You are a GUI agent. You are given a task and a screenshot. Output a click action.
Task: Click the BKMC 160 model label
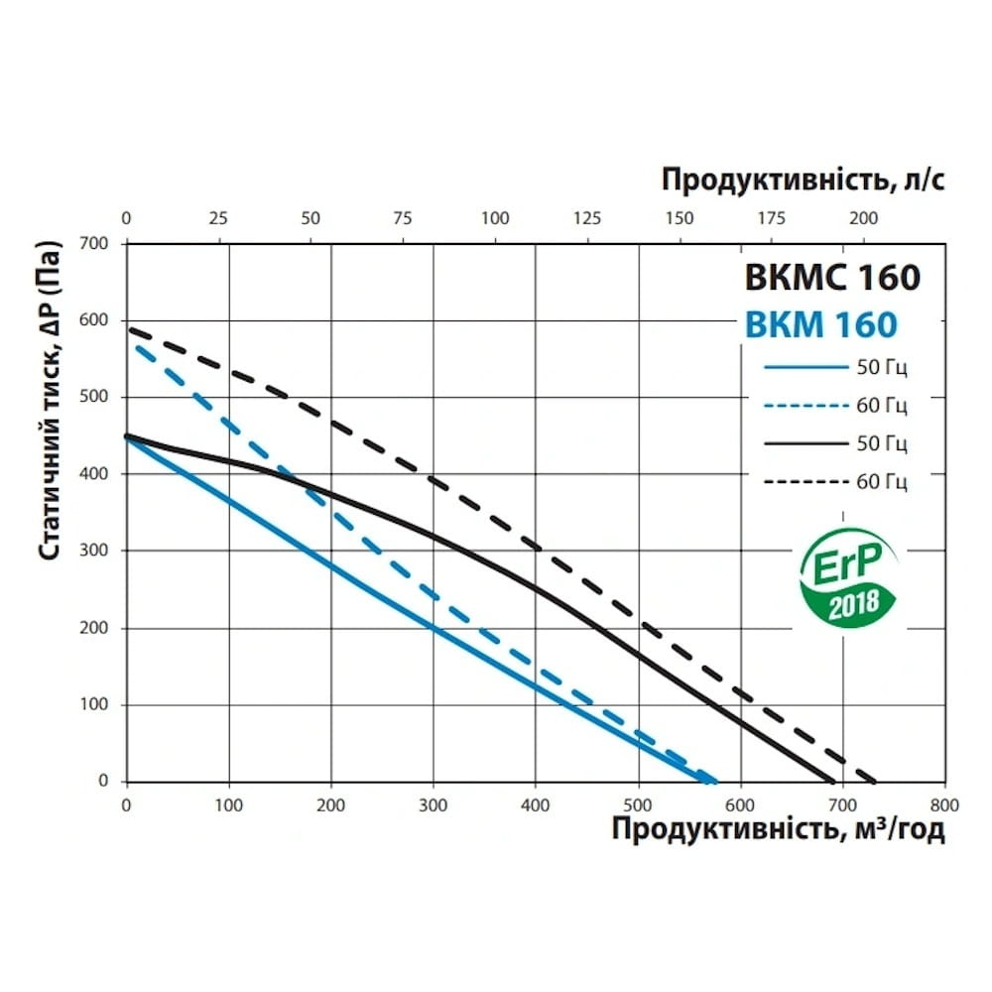[832, 277]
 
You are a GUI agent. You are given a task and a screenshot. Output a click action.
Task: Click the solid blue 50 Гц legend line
[804, 369]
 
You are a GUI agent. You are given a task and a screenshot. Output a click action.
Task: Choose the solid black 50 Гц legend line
[804, 443]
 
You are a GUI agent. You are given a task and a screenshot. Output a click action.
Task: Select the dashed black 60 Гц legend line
[804, 482]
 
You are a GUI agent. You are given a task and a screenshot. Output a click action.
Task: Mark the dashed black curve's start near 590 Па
[130, 328]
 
